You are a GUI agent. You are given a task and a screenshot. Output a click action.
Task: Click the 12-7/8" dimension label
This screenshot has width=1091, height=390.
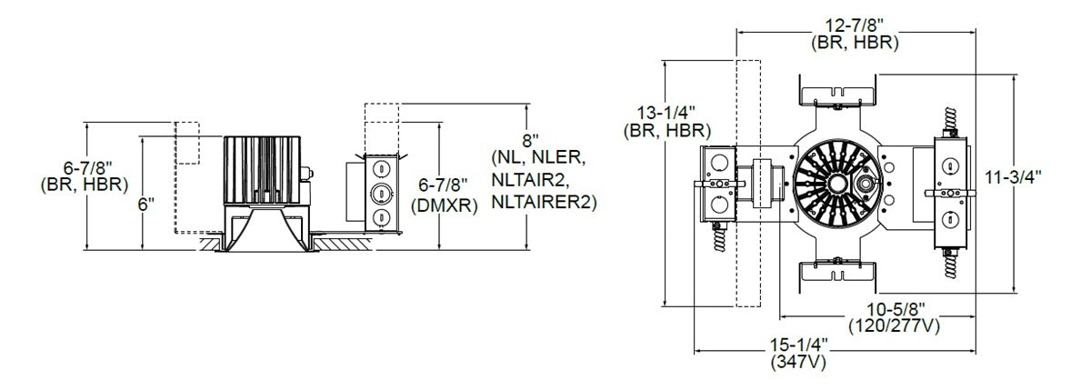tap(855, 26)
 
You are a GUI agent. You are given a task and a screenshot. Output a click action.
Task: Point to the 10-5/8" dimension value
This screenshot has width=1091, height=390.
tap(893, 309)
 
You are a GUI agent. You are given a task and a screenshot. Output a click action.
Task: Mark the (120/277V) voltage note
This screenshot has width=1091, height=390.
tap(893, 324)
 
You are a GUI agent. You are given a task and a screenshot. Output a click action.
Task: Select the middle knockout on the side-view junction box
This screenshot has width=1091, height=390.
tap(379, 192)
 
